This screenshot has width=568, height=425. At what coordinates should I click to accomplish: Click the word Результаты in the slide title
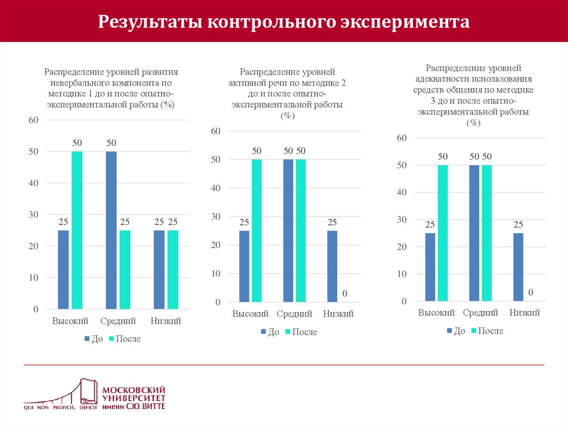tap(149, 22)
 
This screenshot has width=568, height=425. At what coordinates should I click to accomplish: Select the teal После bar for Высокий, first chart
tap(77, 229)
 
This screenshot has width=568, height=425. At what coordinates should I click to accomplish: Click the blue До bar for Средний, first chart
tap(111, 229)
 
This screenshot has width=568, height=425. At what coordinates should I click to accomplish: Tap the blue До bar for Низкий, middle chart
tap(332, 266)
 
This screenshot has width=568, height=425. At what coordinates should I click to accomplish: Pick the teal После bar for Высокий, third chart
tap(443, 233)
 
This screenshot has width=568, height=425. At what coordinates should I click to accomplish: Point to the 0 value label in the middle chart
tap(344, 293)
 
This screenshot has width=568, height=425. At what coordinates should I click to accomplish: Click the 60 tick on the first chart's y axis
tap(33, 120)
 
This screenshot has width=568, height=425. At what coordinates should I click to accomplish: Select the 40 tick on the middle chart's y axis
tap(216, 188)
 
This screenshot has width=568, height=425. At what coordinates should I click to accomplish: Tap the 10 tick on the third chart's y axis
tap(402, 274)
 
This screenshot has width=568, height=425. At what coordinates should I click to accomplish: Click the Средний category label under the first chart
tap(118, 321)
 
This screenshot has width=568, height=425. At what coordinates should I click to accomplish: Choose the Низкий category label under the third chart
tap(525, 313)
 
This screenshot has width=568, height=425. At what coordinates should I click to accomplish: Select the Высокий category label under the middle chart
tap(250, 314)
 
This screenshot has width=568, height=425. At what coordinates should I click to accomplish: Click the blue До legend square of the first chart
tap(87, 339)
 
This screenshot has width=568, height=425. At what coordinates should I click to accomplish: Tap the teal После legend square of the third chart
tap(474, 331)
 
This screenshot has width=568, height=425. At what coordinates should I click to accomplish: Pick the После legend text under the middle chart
tap(305, 332)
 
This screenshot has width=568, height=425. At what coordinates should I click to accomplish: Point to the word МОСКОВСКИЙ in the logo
tap(134, 390)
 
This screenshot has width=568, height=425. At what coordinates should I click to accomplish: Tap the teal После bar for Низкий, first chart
tap(173, 269)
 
